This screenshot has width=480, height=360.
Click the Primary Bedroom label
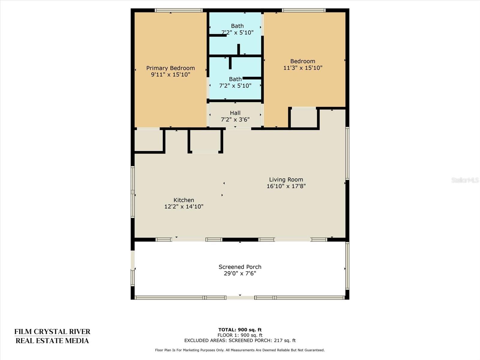(170, 68)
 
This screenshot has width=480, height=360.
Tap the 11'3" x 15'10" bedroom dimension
(303, 68)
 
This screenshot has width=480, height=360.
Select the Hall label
(235, 113)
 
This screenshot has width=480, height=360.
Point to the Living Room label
(286, 179)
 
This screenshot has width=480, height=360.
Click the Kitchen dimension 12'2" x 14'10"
(184, 206)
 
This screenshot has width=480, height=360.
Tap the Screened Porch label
(240, 267)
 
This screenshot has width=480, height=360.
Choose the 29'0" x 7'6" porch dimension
(240, 273)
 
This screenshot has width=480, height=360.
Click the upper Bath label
(237, 26)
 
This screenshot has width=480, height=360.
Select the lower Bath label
(235, 79)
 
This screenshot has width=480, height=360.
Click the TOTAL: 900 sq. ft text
(240, 330)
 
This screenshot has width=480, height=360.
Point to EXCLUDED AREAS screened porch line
(240, 340)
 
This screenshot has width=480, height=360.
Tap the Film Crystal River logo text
(52, 336)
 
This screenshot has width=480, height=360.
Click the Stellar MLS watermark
(465, 180)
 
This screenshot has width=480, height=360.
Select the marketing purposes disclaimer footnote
(240, 350)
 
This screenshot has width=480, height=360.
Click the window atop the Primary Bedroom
(179, 10)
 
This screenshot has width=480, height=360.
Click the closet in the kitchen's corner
(148, 140)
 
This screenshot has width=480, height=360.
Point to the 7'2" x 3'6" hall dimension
(235, 120)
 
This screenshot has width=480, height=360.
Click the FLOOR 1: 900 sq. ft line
(240, 335)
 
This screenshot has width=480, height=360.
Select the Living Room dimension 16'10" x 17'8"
(286, 186)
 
